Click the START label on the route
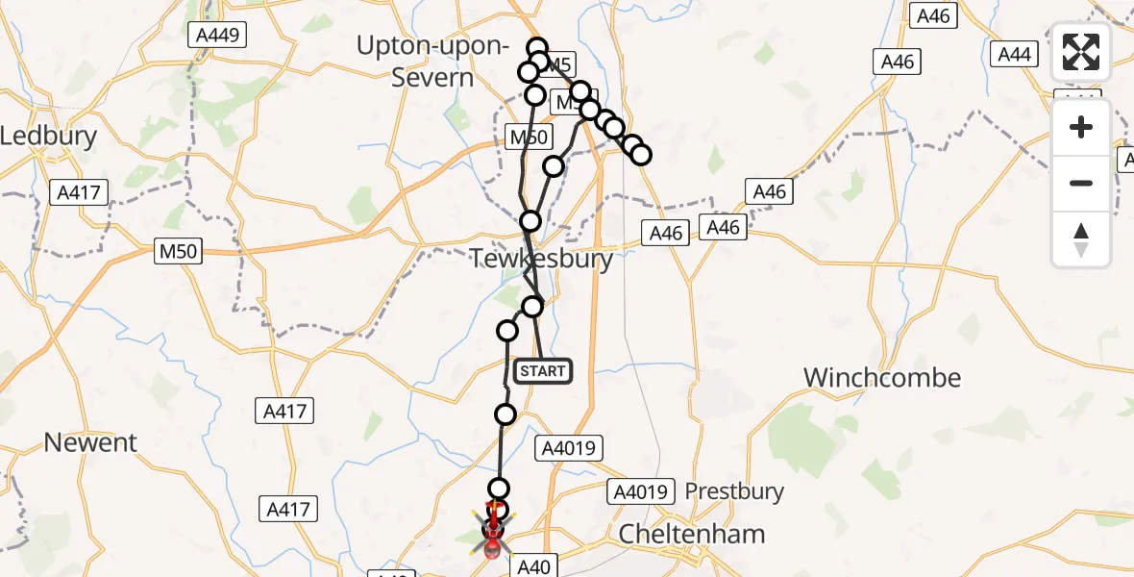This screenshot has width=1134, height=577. [543, 371]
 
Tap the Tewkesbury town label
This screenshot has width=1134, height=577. [542, 259]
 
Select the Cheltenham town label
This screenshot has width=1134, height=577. [692, 534]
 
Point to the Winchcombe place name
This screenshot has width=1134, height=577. [881, 377]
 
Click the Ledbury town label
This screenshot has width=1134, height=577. [48, 136]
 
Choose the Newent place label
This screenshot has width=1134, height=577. [91, 442]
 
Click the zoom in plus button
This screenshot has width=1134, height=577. [1081, 127]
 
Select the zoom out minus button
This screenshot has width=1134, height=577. [1081, 183]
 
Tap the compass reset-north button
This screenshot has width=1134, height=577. [1081, 238]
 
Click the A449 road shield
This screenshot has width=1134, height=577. [217, 36]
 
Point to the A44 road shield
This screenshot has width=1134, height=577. [1014, 54]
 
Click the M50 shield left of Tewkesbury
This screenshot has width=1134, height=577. [179, 252]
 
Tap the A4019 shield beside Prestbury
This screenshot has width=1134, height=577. [638, 492]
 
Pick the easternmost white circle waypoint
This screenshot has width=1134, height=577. [641, 155]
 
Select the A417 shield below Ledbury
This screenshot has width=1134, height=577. [78, 192]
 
